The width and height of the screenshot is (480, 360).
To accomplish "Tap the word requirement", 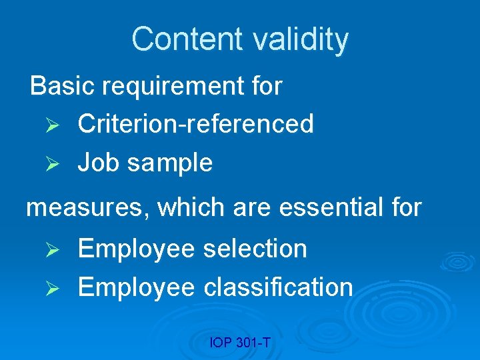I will (x=173, y=86).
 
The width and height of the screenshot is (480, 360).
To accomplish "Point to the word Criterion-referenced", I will (x=195, y=123).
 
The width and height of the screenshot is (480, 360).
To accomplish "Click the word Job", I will (x=97, y=163).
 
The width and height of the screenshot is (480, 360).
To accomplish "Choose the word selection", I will (x=255, y=249).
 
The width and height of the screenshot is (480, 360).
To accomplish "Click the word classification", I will (x=278, y=287).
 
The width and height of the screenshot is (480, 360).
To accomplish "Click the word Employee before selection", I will (x=136, y=249).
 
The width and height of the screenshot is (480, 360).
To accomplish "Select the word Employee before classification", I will (x=136, y=288).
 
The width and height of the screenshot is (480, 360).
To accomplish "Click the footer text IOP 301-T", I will (x=239, y=343).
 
